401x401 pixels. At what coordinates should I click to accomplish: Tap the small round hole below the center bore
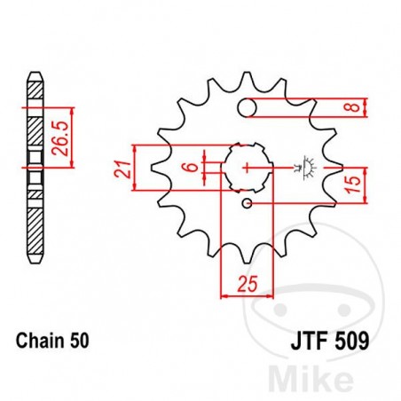pyautogui.click(x=249, y=205)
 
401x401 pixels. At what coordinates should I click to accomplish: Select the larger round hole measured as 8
pyautogui.click(x=249, y=108)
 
